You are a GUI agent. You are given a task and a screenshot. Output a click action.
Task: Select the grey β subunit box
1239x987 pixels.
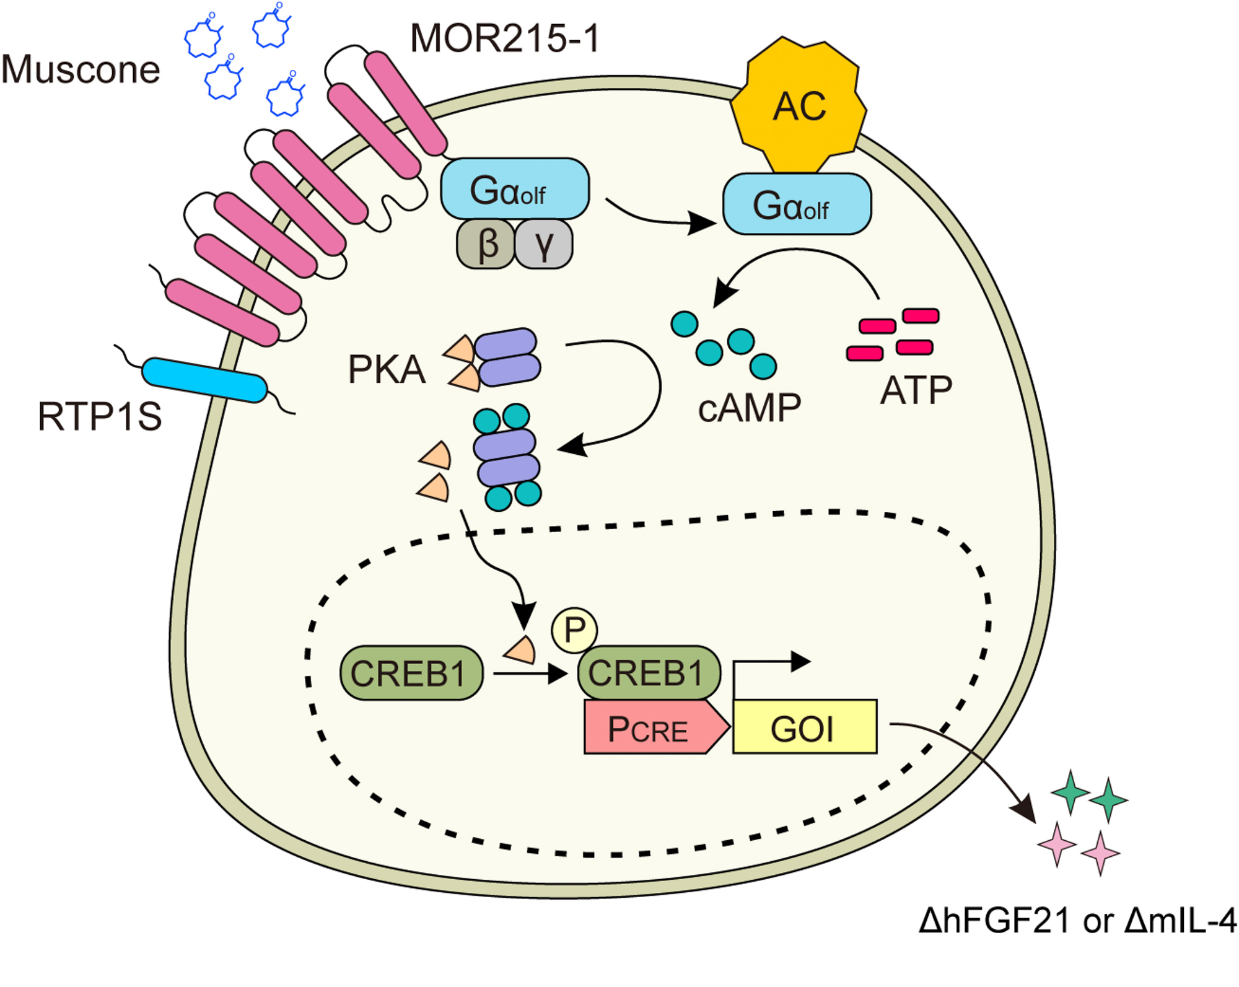(486, 244)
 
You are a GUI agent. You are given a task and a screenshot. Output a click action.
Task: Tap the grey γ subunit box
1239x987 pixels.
(543, 244)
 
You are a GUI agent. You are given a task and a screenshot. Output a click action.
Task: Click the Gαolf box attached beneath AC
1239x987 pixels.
(797, 204)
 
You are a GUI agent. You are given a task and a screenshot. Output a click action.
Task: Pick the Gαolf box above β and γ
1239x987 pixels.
(514, 189)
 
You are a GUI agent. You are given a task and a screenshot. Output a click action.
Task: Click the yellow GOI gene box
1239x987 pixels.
(804, 727)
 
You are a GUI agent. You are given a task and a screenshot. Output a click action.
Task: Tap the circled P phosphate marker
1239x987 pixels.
(574, 630)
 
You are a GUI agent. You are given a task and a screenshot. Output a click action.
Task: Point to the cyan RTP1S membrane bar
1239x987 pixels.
(204, 379)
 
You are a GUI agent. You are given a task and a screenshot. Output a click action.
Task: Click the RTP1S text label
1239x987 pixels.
(99, 416)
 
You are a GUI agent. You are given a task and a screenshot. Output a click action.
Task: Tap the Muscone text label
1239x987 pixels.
(81, 69)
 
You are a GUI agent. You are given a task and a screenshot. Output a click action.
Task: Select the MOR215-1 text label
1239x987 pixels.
(505, 38)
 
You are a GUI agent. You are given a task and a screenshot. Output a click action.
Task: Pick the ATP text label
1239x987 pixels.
(916, 390)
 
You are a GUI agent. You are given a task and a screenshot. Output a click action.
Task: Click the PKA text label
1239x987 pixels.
(387, 370)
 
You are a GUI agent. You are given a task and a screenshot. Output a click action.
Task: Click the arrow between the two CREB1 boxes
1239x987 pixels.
(530, 673)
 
